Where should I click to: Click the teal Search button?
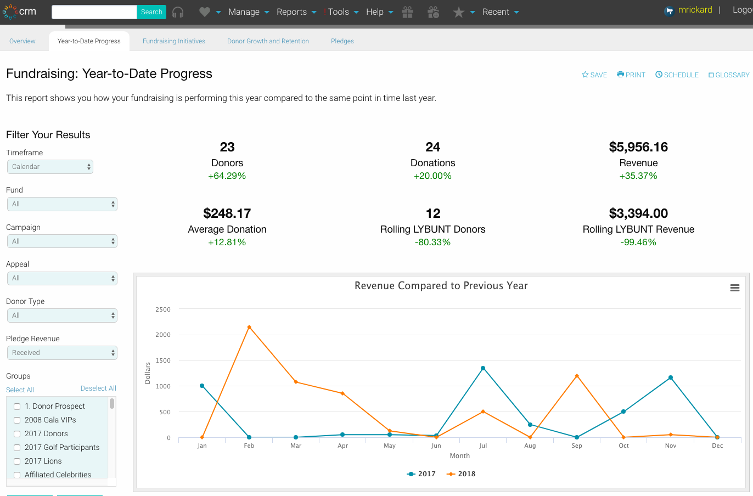point(151,12)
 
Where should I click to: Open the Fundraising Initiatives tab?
point(174,41)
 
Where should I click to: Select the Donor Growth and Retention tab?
point(268,41)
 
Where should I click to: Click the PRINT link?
point(631,75)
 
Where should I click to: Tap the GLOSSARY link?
point(729,75)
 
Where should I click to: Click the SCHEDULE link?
point(677,75)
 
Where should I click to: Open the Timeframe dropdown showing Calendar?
point(50,167)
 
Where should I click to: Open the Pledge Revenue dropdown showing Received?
point(62,353)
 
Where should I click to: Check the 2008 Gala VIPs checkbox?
point(17,420)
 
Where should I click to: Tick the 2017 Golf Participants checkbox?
point(17,448)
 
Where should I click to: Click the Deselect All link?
point(98,388)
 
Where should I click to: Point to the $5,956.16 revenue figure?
point(638,147)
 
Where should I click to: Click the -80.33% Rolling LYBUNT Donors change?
point(432,243)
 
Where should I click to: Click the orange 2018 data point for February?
point(249,327)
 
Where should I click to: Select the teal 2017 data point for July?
point(483,368)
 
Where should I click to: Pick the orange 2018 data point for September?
point(577,376)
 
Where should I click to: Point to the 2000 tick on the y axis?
point(163,335)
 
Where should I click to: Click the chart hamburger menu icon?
point(735,288)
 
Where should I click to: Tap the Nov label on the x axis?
point(671,446)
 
